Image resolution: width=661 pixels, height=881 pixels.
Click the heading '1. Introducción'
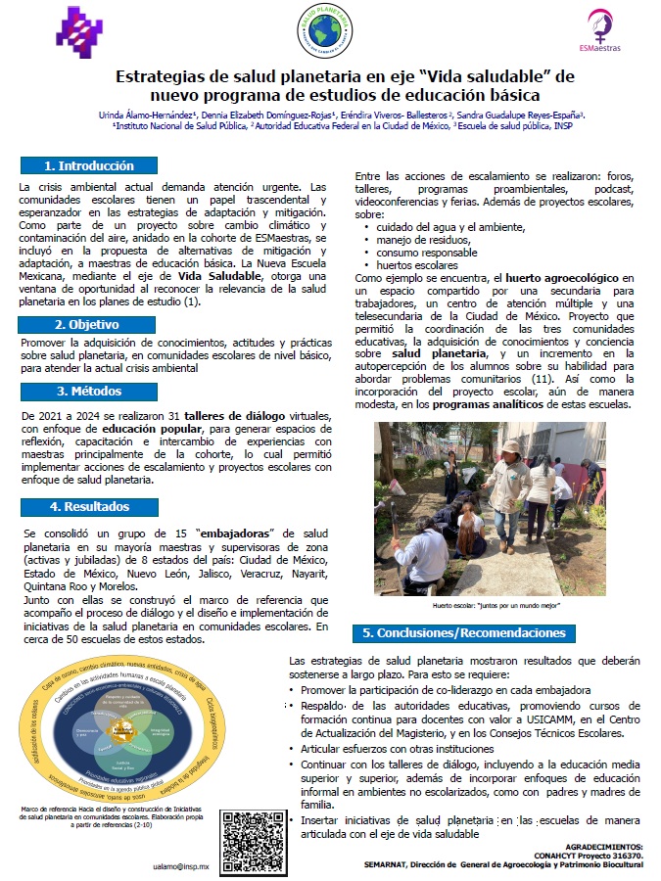tap(88, 165)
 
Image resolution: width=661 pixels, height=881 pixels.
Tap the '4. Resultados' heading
tap(89, 506)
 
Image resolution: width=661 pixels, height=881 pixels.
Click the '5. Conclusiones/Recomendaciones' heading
tap(465, 632)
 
